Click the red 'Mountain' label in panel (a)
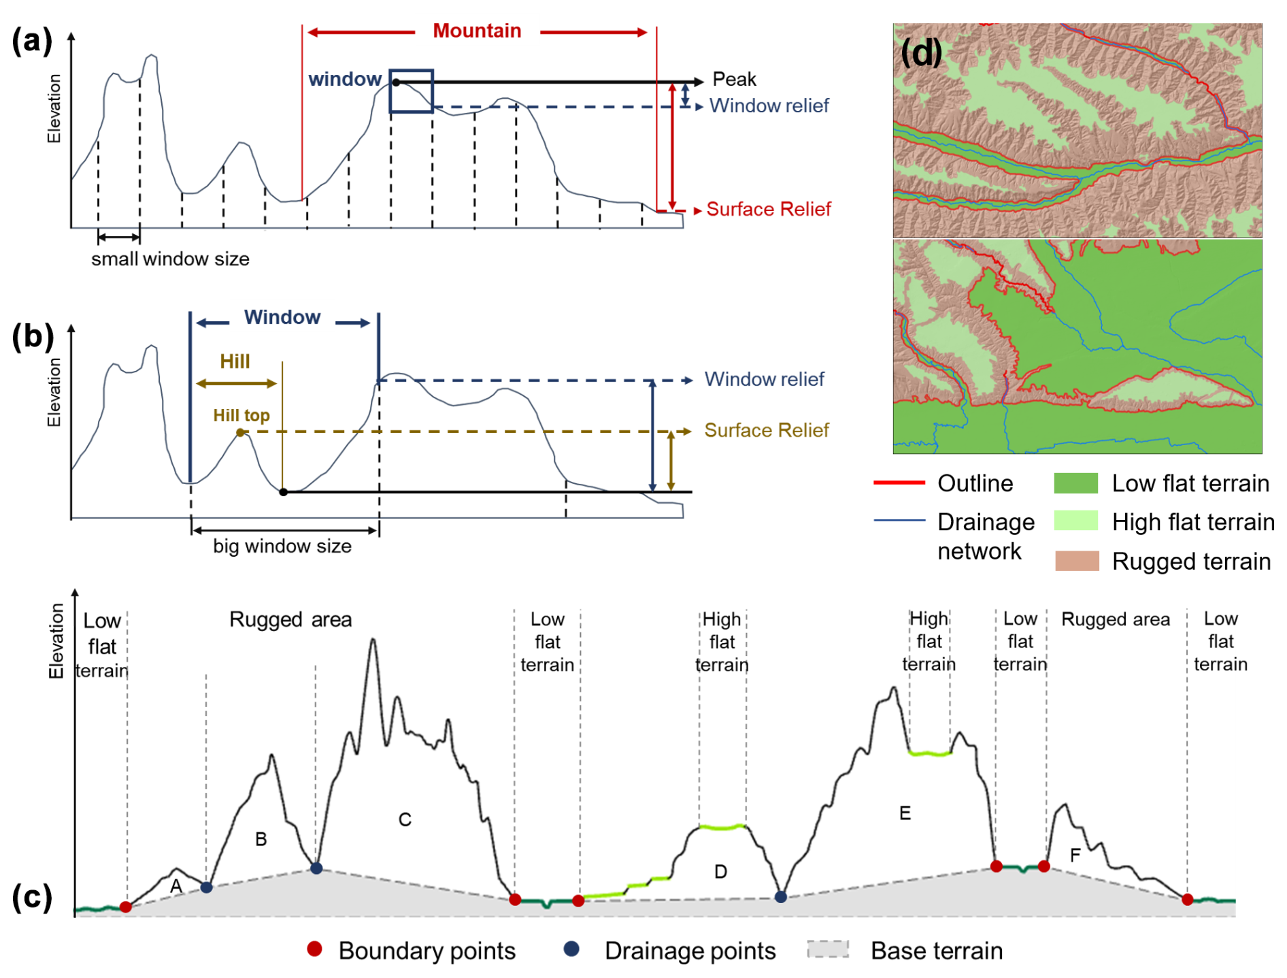click(476, 31)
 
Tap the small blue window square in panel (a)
click(411, 91)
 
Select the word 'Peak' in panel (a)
click(734, 80)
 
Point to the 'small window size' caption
click(170, 259)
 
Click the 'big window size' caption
click(282, 547)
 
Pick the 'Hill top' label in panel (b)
click(241, 416)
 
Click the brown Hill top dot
click(240, 433)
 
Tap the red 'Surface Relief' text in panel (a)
click(768, 210)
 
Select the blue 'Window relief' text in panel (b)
click(763, 380)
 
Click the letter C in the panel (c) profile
click(405, 820)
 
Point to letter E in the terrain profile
click(905, 814)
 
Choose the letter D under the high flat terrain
click(720, 872)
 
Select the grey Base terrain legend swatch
click(828, 950)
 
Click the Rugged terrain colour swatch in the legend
click(1076, 561)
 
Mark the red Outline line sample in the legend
click(899, 483)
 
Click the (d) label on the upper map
click(921, 52)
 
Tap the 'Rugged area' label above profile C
click(290, 620)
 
